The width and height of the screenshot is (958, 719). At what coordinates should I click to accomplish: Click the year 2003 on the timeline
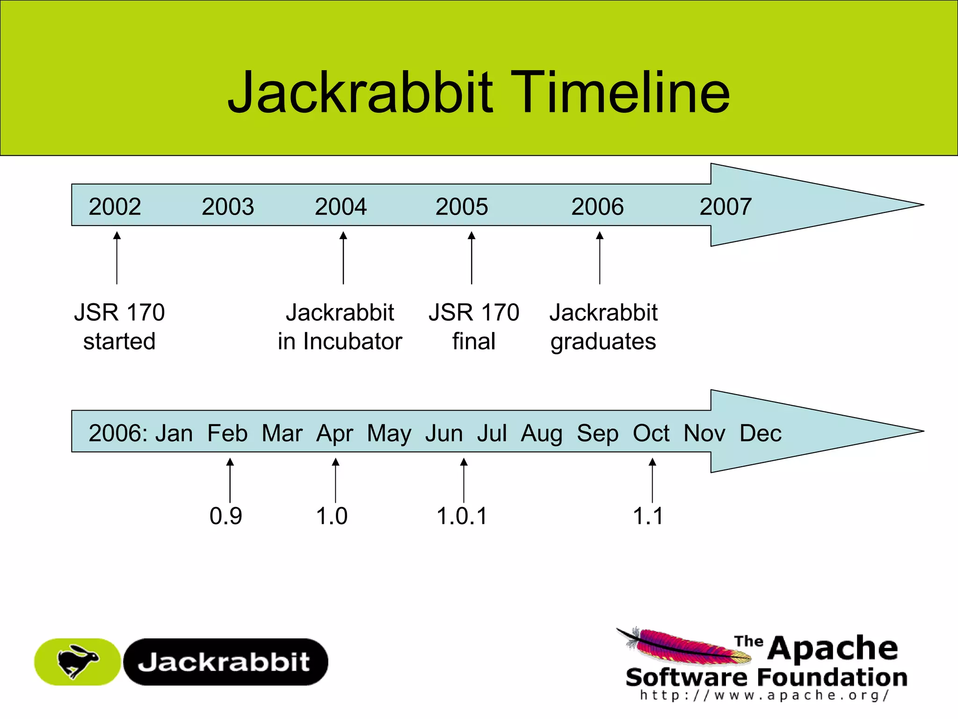(x=228, y=206)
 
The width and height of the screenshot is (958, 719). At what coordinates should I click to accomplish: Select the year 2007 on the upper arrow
(x=726, y=206)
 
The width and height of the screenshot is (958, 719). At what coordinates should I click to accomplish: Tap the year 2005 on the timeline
(x=462, y=206)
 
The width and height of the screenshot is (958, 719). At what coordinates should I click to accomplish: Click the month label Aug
(x=542, y=433)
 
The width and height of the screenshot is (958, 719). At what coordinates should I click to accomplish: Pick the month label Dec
(x=760, y=433)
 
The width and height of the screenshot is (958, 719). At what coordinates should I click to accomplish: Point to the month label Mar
(x=282, y=433)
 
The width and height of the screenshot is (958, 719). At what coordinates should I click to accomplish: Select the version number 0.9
(x=225, y=516)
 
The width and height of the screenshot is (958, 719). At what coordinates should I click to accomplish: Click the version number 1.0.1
(x=462, y=516)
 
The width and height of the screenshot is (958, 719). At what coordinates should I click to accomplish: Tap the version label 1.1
(x=648, y=516)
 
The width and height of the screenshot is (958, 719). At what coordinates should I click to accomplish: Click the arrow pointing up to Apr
(x=335, y=480)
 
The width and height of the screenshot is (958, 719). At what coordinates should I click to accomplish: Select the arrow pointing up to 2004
(x=343, y=257)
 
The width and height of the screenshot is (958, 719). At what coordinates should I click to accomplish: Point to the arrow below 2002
(x=117, y=257)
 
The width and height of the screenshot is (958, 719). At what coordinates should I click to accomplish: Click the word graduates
(x=603, y=342)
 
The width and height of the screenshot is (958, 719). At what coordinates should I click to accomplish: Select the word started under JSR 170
(x=119, y=341)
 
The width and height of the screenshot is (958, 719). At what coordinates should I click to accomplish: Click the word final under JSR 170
(x=473, y=341)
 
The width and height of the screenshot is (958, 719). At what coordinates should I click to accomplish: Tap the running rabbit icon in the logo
(x=77, y=661)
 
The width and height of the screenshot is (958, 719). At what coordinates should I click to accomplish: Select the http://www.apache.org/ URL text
(x=764, y=695)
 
